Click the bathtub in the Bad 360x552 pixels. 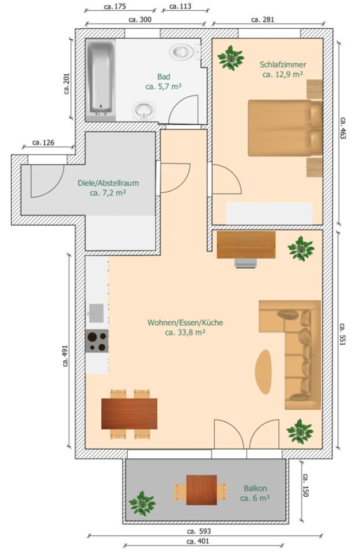click(x=101, y=79)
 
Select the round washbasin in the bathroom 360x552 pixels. click(x=144, y=111)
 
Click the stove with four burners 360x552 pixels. click(x=97, y=341)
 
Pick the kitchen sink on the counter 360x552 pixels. click(x=96, y=313)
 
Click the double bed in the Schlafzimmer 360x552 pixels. click(x=285, y=128)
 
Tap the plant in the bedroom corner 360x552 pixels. click(x=231, y=58)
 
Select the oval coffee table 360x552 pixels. click(x=263, y=372)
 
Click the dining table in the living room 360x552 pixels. click(x=129, y=414)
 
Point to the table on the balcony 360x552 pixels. click(x=202, y=490)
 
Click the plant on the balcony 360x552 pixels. click(x=142, y=504)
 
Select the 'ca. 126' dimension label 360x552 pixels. click(x=43, y=143)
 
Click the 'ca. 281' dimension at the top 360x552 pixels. click(x=263, y=20)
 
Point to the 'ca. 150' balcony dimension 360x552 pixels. click(x=305, y=485)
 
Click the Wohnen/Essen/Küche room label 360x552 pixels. click(x=185, y=322)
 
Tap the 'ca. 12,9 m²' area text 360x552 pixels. click(x=283, y=75)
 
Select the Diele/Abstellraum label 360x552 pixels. click(x=108, y=183)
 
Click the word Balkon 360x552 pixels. click(x=255, y=488)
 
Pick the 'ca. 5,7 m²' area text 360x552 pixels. click(x=164, y=86)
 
